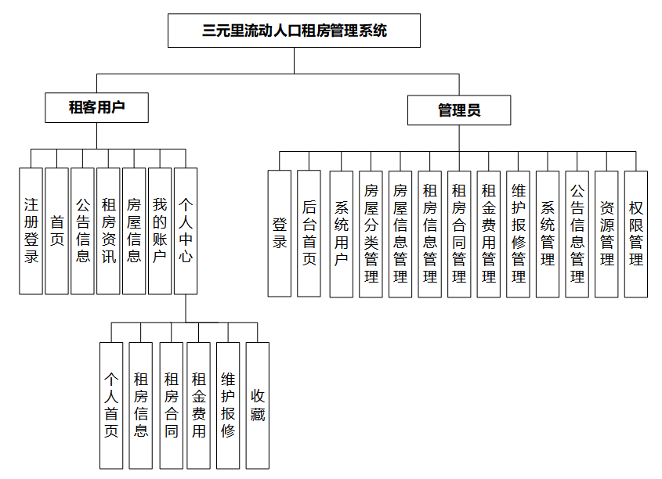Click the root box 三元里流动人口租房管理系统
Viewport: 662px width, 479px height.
(x=295, y=31)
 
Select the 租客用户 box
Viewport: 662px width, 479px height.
(x=97, y=107)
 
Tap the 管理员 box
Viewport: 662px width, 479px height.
(x=459, y=110)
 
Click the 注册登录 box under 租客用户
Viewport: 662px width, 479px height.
(x=31, y=231)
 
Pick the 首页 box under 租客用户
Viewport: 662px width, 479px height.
(x=57, y=231)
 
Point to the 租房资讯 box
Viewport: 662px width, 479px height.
(x=109, y=231)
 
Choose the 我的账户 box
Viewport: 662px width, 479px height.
(x=160, y=231)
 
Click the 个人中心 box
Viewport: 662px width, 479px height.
(x=186, y=231)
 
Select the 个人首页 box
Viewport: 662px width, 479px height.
(x=112, y=404)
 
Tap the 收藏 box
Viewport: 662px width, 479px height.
(x=258, y=404)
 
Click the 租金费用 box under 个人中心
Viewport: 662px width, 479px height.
(x=199, y=404)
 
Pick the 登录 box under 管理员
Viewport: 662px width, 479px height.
(x=280, y=233)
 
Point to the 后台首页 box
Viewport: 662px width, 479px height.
(x=309, y=233)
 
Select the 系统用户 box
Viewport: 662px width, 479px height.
(x=342, y=233)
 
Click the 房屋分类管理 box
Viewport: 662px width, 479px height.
(x=371, y=233)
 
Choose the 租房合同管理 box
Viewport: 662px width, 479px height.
(x=459, y=233)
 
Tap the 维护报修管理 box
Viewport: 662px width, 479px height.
(x=518, y=233)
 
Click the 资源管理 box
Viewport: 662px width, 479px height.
(x=606, y=233)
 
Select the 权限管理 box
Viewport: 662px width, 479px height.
(x=636, y=233)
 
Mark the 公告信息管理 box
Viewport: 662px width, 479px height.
(x=577, y=233)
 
